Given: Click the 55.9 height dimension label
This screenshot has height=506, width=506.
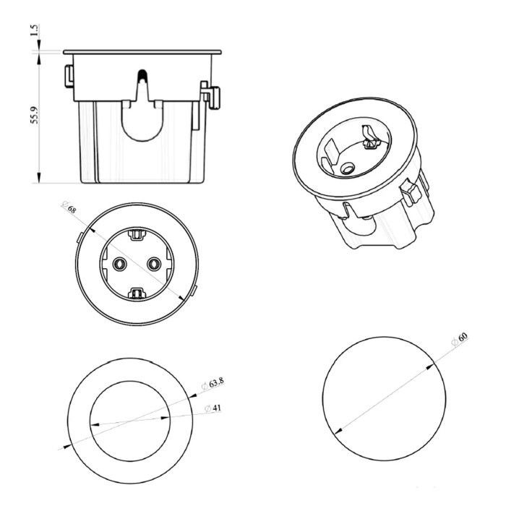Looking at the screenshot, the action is pyautogui.click(x=35, y=115).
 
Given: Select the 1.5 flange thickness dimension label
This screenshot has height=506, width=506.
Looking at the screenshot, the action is pyautogui.click(x=35, y=30).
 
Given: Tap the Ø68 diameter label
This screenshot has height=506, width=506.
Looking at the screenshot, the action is pyautogui.click(x=69, y=207).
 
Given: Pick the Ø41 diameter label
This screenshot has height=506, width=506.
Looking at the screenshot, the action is pyautogui.click(x=213, y=408).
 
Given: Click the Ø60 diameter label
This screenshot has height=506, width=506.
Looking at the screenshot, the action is pyautogui.click(x=460, y=339).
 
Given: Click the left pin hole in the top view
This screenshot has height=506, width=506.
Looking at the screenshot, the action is pyautogui.click(x=120, y=265).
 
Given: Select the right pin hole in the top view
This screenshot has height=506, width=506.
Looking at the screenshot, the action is pyautogui.click(x=154, y=265).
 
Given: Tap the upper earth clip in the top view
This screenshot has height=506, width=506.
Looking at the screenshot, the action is pyautogui.click(x=137, y=234).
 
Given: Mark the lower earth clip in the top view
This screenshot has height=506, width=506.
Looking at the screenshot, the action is pyautogui.click(x=137, y=293).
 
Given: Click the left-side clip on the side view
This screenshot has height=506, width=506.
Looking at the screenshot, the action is pyautogui.click(x=69, y=77).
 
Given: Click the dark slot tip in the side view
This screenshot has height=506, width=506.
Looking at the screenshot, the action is pyautogui.click(x=142, y=75).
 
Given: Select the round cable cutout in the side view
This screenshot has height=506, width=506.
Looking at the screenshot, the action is pyautogui.click(x=142, y=121).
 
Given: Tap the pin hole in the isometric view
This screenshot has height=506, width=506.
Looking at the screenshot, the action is pyautogui.click(x=347, y=168).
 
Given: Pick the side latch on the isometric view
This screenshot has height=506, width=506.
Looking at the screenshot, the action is pyautogui.click(x=411, y=192).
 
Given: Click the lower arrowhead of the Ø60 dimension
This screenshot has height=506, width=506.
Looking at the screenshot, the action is pyautogui.click(x=338, y=431).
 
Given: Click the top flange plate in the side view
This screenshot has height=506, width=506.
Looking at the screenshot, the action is pyautogui.click(x=142, y=52).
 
